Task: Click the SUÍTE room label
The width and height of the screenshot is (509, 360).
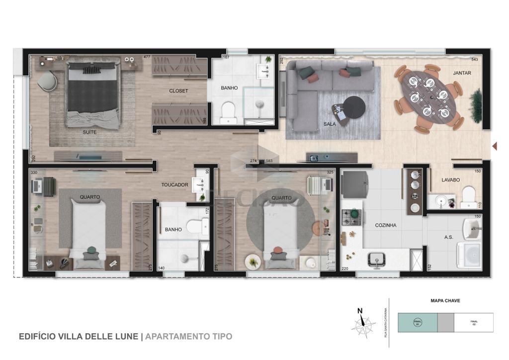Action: (x=89, y=133)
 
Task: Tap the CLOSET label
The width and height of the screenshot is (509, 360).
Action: (x=178, y=91)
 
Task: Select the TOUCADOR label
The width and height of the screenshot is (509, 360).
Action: (x=174, y=184)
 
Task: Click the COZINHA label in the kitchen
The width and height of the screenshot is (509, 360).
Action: (x=386, y=225)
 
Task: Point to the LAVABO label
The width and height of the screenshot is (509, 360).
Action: (x=450, y=180)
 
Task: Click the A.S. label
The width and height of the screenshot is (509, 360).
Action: (x=448, y=237)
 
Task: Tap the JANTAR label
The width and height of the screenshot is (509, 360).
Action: (x=462, y=73)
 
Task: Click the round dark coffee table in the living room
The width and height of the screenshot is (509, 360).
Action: (x=354, y=107)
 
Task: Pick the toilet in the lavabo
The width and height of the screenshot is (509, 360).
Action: (x=468, y=196)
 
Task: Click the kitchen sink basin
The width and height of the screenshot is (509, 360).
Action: (x=377, y=259)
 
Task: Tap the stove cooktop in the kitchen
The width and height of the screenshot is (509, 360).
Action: (x=352, y=215)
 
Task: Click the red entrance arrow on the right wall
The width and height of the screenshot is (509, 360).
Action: (x=494, y=146)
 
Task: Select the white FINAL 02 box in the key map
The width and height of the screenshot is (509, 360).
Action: (x=474, y=322)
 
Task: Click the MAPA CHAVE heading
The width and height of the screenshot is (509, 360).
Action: (x=445, y=300)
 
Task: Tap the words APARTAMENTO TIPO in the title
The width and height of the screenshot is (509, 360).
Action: (x=188, y=337)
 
